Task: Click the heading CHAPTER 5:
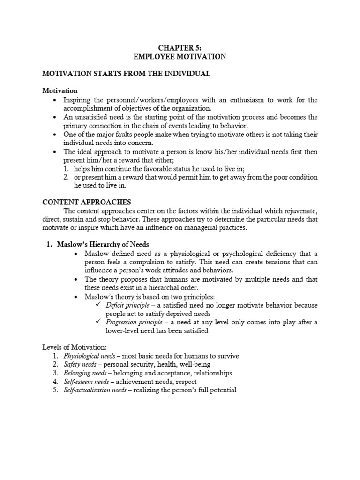(180, 47)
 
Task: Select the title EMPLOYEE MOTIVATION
(180, 56)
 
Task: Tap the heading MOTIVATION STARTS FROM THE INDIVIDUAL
(127, 74)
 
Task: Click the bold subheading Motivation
(60, 90)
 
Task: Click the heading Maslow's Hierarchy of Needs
(103, 244)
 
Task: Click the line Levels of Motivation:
(75, 347)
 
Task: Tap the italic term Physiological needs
(91, 356)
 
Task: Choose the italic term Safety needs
(80, 364)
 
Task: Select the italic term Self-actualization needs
(95, 390)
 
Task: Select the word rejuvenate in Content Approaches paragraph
(300, 211)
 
